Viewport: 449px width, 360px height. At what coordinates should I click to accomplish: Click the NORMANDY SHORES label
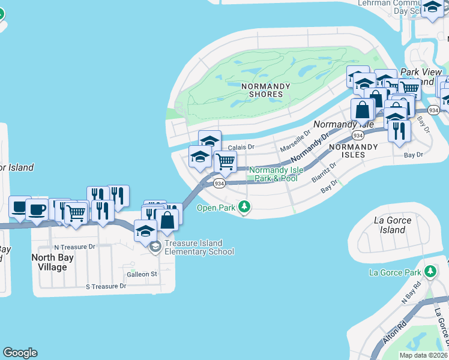click(265, 90)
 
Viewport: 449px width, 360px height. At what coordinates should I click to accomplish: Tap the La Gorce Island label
click(393, 225)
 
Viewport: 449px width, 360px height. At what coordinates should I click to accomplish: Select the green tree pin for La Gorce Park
click(430, 272)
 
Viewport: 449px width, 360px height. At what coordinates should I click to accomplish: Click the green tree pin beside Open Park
click(244, 208)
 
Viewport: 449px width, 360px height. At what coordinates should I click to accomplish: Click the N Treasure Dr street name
click(74, 247)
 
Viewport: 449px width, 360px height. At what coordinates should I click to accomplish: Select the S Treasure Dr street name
click(106, 286)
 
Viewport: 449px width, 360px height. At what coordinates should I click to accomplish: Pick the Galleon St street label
click(142, 274)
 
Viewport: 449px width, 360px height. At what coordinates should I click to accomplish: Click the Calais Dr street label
click(241, 146)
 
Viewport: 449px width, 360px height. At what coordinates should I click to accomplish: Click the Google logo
click(20, 353)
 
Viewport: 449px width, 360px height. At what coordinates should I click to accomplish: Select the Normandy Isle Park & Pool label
click(273, 174)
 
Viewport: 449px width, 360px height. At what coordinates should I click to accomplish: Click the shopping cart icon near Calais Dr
click(225, 161)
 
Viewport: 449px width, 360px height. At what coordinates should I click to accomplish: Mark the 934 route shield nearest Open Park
click(220, 183)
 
